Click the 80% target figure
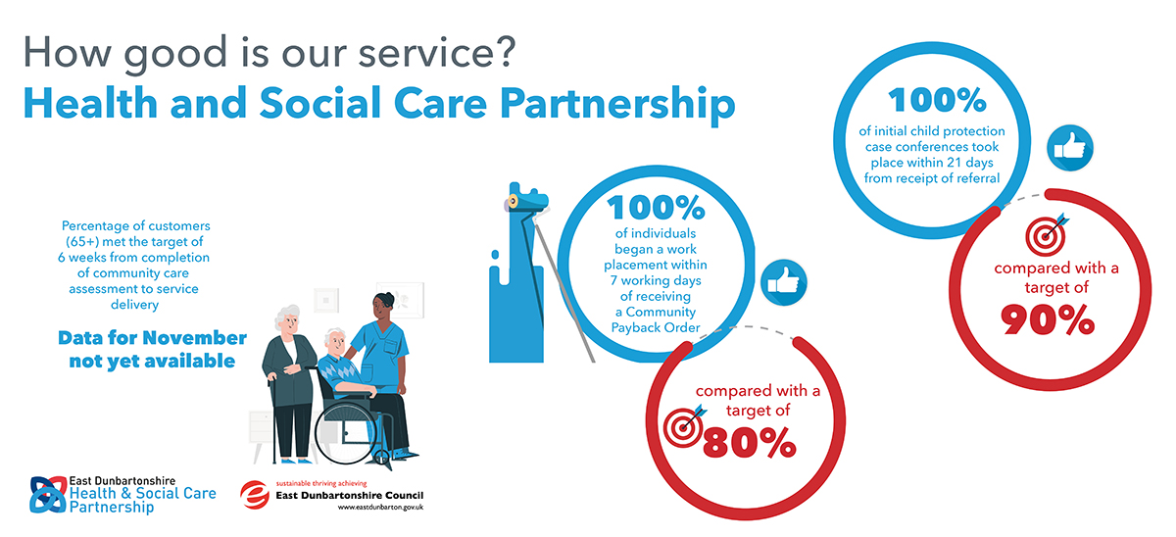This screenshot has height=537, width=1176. (749, 443)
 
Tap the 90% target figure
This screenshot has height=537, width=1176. (1048, 319)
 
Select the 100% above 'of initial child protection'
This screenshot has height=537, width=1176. (937, 100)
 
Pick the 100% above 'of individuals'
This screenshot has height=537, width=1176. (656, 208)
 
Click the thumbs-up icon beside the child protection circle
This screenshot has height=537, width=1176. (1070, 148)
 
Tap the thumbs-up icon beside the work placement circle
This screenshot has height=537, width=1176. (784, 282)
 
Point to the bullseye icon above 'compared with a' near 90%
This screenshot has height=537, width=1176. (1047, 234)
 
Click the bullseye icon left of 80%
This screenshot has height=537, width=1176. (684, 426)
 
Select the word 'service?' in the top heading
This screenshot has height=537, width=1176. (437, 53)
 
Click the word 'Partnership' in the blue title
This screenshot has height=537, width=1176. (617, 104)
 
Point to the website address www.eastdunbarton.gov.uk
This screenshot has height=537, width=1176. (380, 508)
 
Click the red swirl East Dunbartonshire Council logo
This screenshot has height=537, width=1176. (255, 495)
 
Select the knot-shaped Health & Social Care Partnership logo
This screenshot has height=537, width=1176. (48, 495)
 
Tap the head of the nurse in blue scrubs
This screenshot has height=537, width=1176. (383, 306)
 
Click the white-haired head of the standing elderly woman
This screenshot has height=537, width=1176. (288, 320)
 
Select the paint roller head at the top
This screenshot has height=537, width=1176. (526, 201)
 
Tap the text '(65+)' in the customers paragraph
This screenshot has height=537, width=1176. (82, 241)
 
